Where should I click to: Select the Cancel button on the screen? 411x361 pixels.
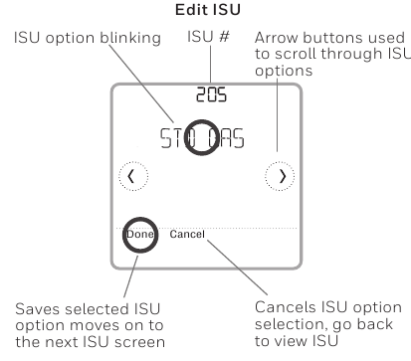point(186,234)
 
